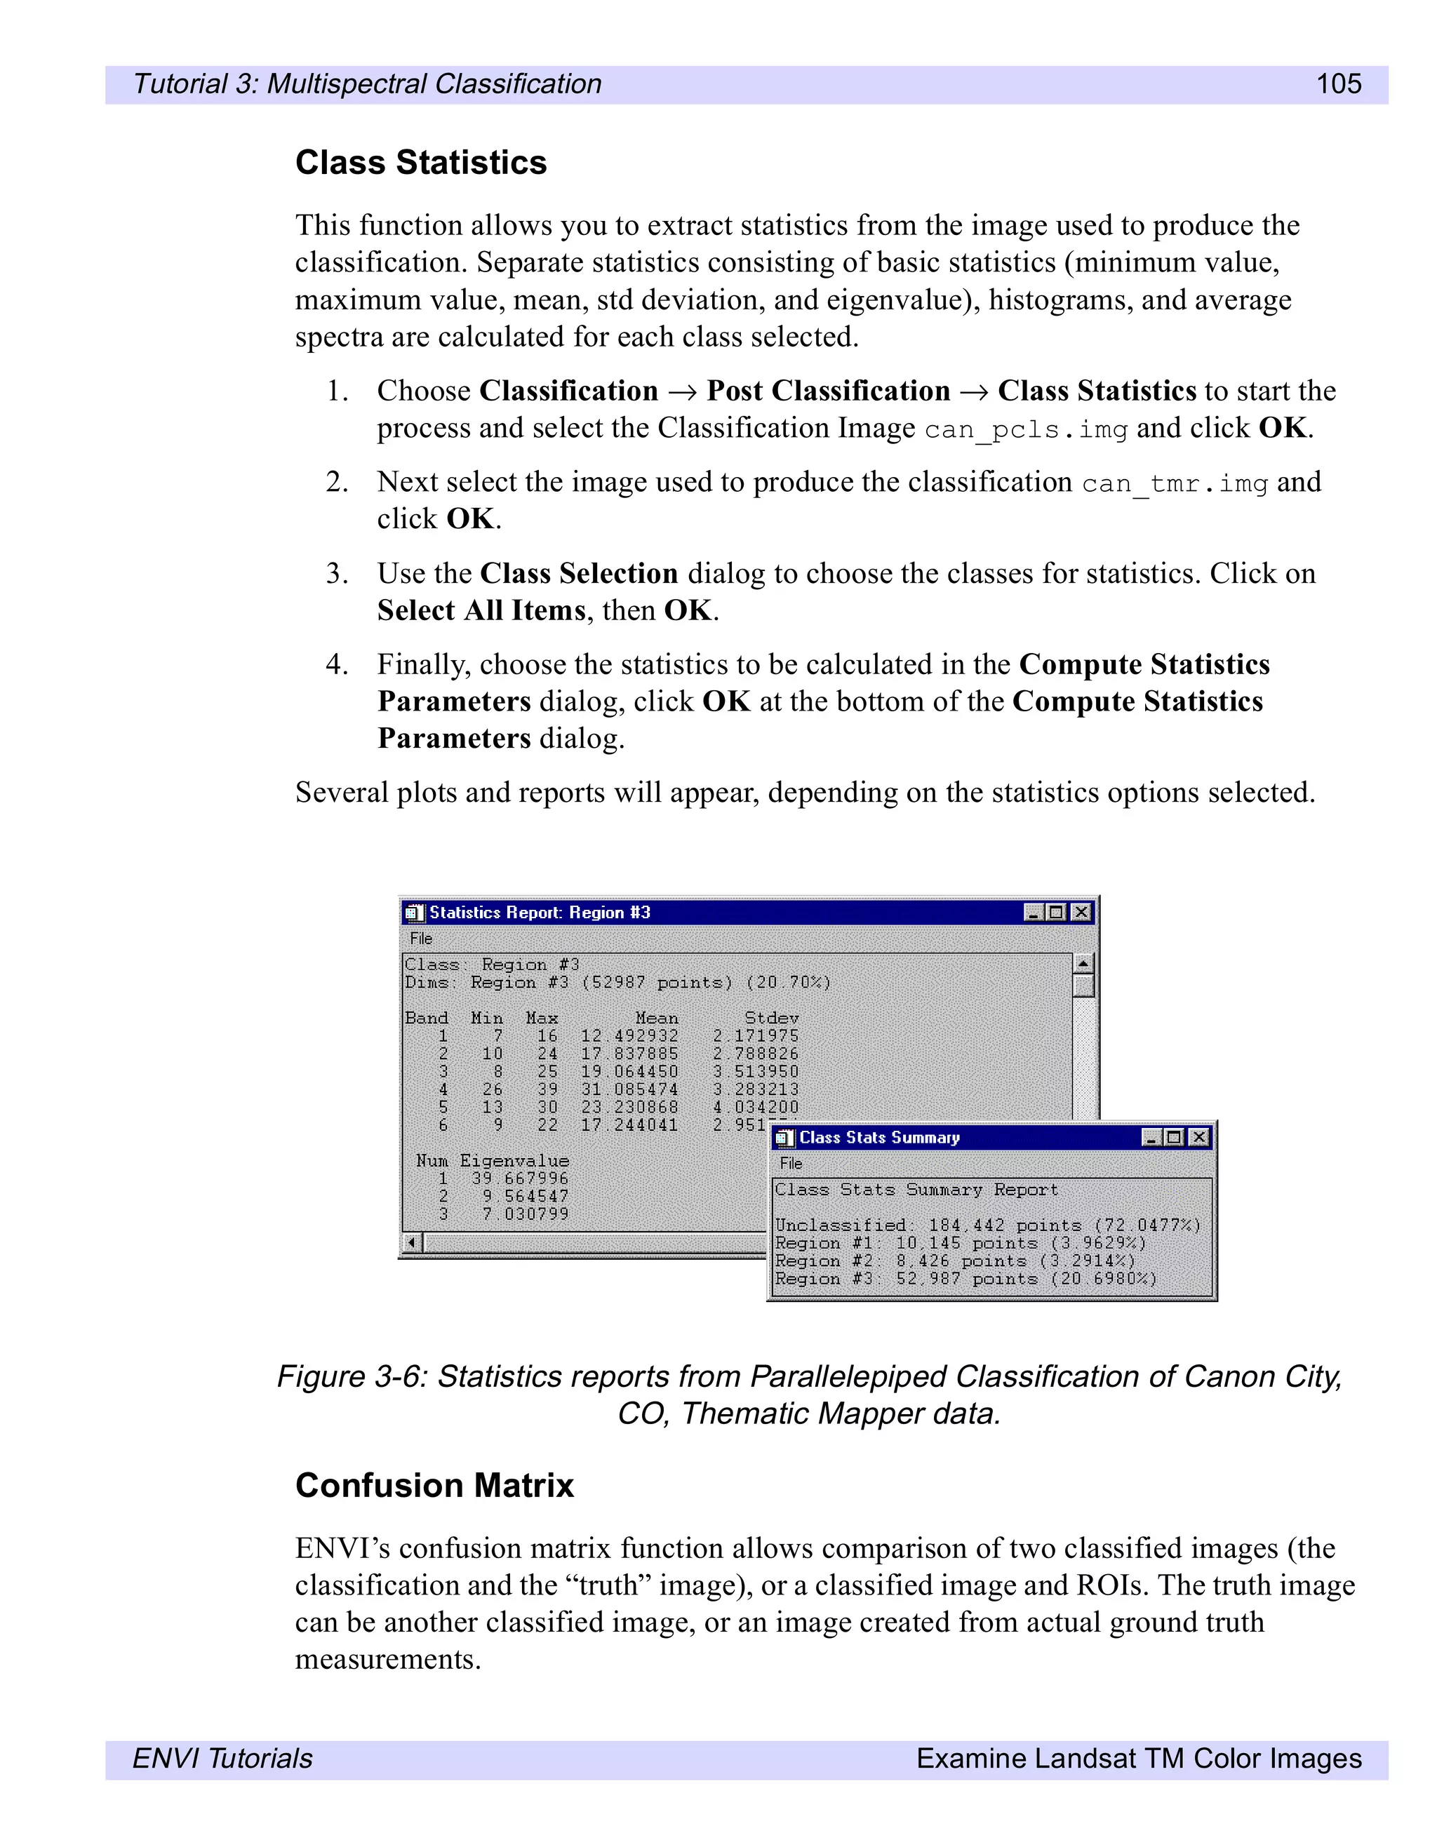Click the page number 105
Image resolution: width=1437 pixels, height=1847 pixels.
click(x=1338, y=83)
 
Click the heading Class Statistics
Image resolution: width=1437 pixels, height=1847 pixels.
click(x=420, y=162)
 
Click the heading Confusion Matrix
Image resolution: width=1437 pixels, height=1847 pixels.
click(x=434, y=1485)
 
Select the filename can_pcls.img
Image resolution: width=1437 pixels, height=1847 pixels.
click(x=1025, y=429)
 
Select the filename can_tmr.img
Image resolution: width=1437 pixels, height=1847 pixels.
click(x=1174, y=484)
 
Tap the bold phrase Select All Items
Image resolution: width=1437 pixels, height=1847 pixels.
click(x=481, y=610)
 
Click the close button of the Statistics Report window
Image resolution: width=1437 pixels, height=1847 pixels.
click(x=1080, y=912)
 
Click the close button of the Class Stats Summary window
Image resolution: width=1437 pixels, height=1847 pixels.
click(x=1198, y=1138)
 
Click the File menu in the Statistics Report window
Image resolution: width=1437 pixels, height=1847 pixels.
click(x=420, y=938)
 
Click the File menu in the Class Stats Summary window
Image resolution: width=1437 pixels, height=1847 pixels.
click(x=790, y=1163)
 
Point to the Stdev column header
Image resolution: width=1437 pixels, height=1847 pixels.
click(x=770, y=1017)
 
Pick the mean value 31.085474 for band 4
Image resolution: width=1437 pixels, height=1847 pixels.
click(x=629, y=1089)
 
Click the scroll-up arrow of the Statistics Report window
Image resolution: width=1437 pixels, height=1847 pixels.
click(x=1083, y=962)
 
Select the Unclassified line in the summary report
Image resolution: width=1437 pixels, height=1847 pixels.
click(x=987, y=1225)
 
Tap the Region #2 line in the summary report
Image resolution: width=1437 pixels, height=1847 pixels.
click(x=955, y=1260)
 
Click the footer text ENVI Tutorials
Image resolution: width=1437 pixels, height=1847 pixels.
click(x=222, y=1758)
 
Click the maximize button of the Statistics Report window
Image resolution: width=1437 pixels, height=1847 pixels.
click(x=1055, y=912)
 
